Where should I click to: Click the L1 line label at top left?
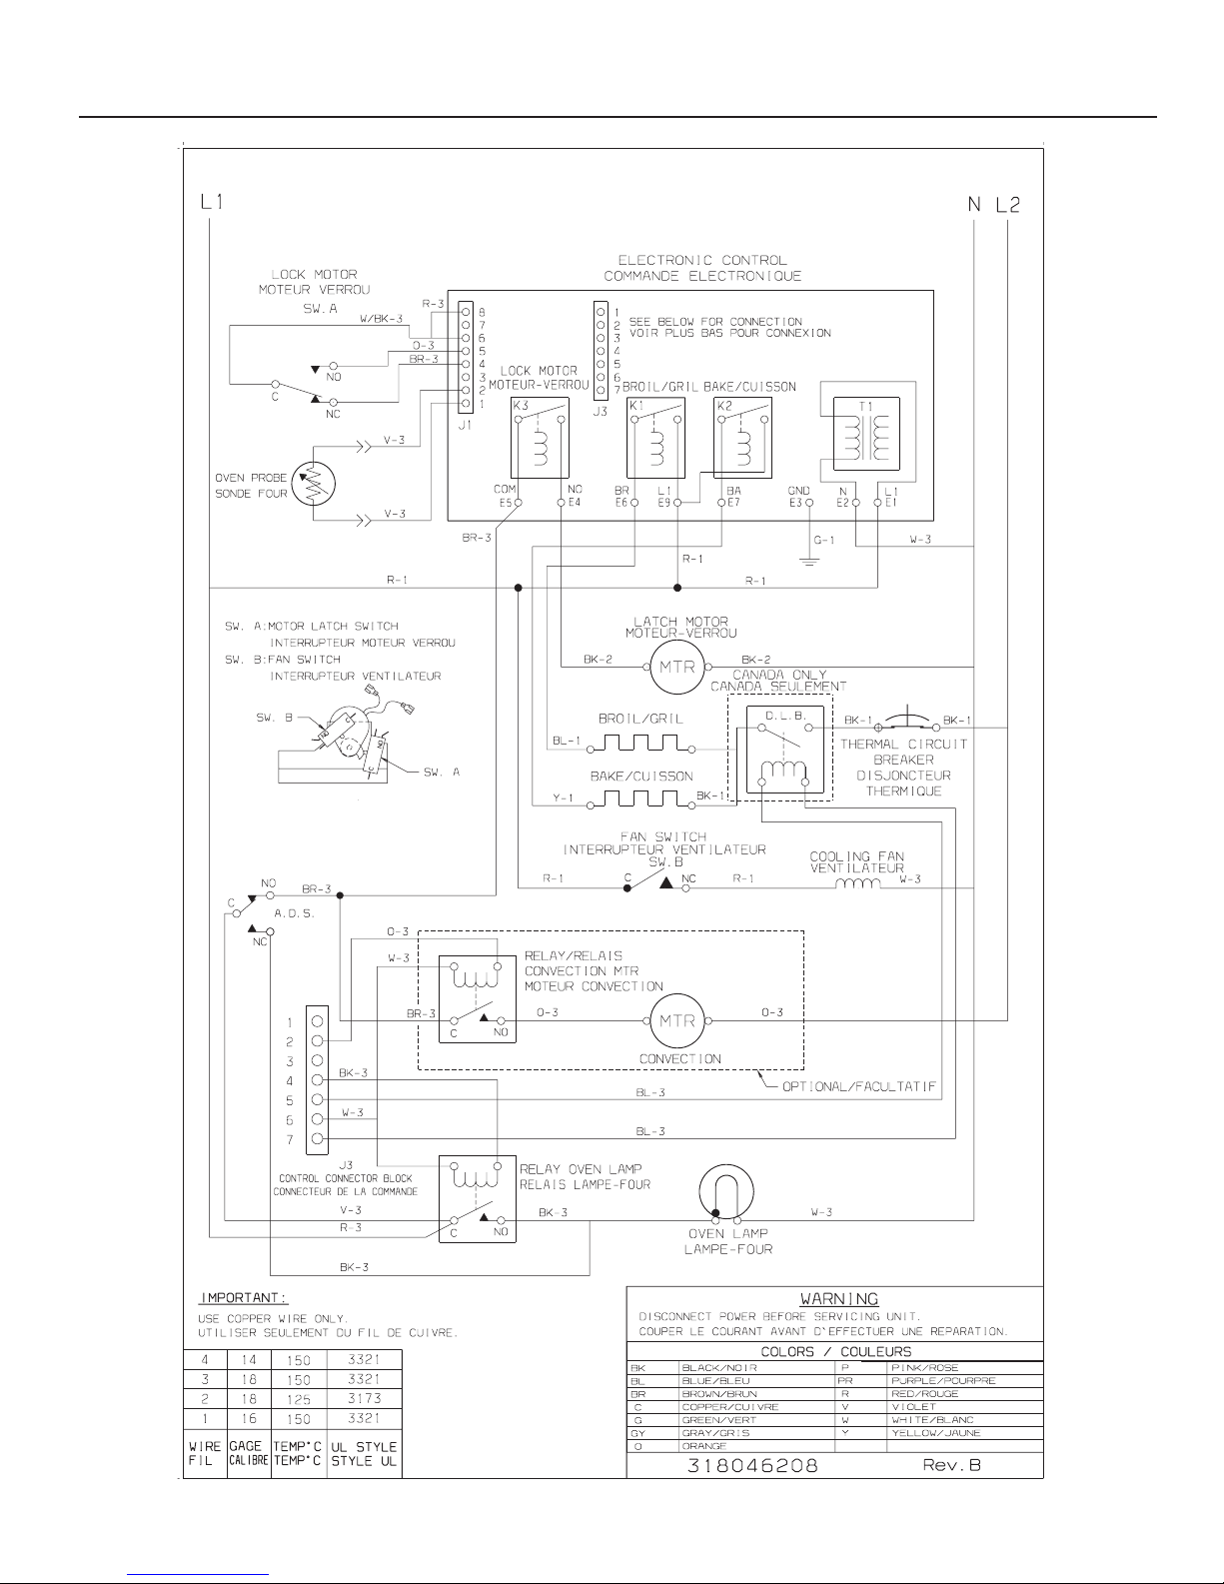pyautogui.click(x=210, y=202)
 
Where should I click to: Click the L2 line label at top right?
pyautogui.click(x=1007, y=205)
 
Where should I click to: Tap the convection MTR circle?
pyautogui.click(x=678, y=1020)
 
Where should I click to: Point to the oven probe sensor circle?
pyautogui.click(x=312, y=485)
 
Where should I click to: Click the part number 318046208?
pyautogui.click(x=753, y=1466)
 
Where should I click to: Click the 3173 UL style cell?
pyautogui.click(x=364, y=1398)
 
